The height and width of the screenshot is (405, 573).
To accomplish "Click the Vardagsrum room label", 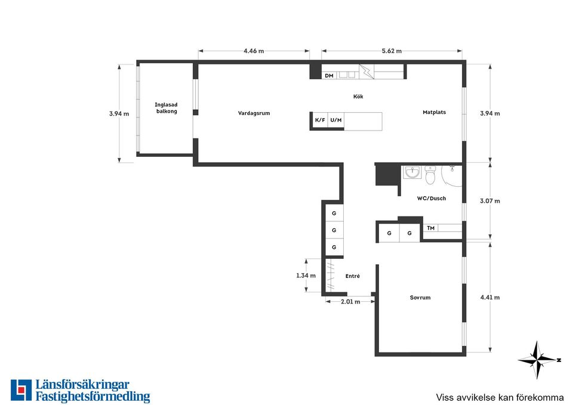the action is [x=254, y=113].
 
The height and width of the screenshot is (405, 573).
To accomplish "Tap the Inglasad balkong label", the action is [x=167, y=108].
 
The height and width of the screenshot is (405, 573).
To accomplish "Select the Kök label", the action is [x=358, y=97].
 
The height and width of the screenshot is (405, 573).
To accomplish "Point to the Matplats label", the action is [x=434, y=112].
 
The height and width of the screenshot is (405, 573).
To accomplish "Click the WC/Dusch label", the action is [x=432, y=198].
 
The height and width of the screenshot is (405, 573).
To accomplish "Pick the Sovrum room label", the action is [x=420, y=298].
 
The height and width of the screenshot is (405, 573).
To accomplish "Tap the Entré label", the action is [x=353, y=276].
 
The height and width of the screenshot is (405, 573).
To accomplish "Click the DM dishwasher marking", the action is [x=329, y=76].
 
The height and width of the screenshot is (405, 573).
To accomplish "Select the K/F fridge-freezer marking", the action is [x=320, y=120].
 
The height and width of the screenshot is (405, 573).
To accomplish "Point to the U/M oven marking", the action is [x=336, y=120].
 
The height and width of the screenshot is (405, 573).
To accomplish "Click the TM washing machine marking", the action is [x=431, y=228].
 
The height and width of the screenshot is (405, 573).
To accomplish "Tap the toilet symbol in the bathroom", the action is [x=430, y=175].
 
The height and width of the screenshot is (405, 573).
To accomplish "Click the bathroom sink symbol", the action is [x=412, y=172].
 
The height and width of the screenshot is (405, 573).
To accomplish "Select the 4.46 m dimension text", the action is [x=254, y=51].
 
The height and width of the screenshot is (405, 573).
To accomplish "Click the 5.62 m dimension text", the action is [x=392, y=51].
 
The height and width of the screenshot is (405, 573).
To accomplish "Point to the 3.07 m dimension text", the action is [x=490, y=201].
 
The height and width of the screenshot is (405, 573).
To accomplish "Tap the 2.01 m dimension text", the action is [x=350, y=302].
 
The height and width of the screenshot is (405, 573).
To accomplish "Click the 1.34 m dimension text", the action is [x=306, y=276].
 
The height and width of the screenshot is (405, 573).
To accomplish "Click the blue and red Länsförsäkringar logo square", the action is [x=21, y=390].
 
